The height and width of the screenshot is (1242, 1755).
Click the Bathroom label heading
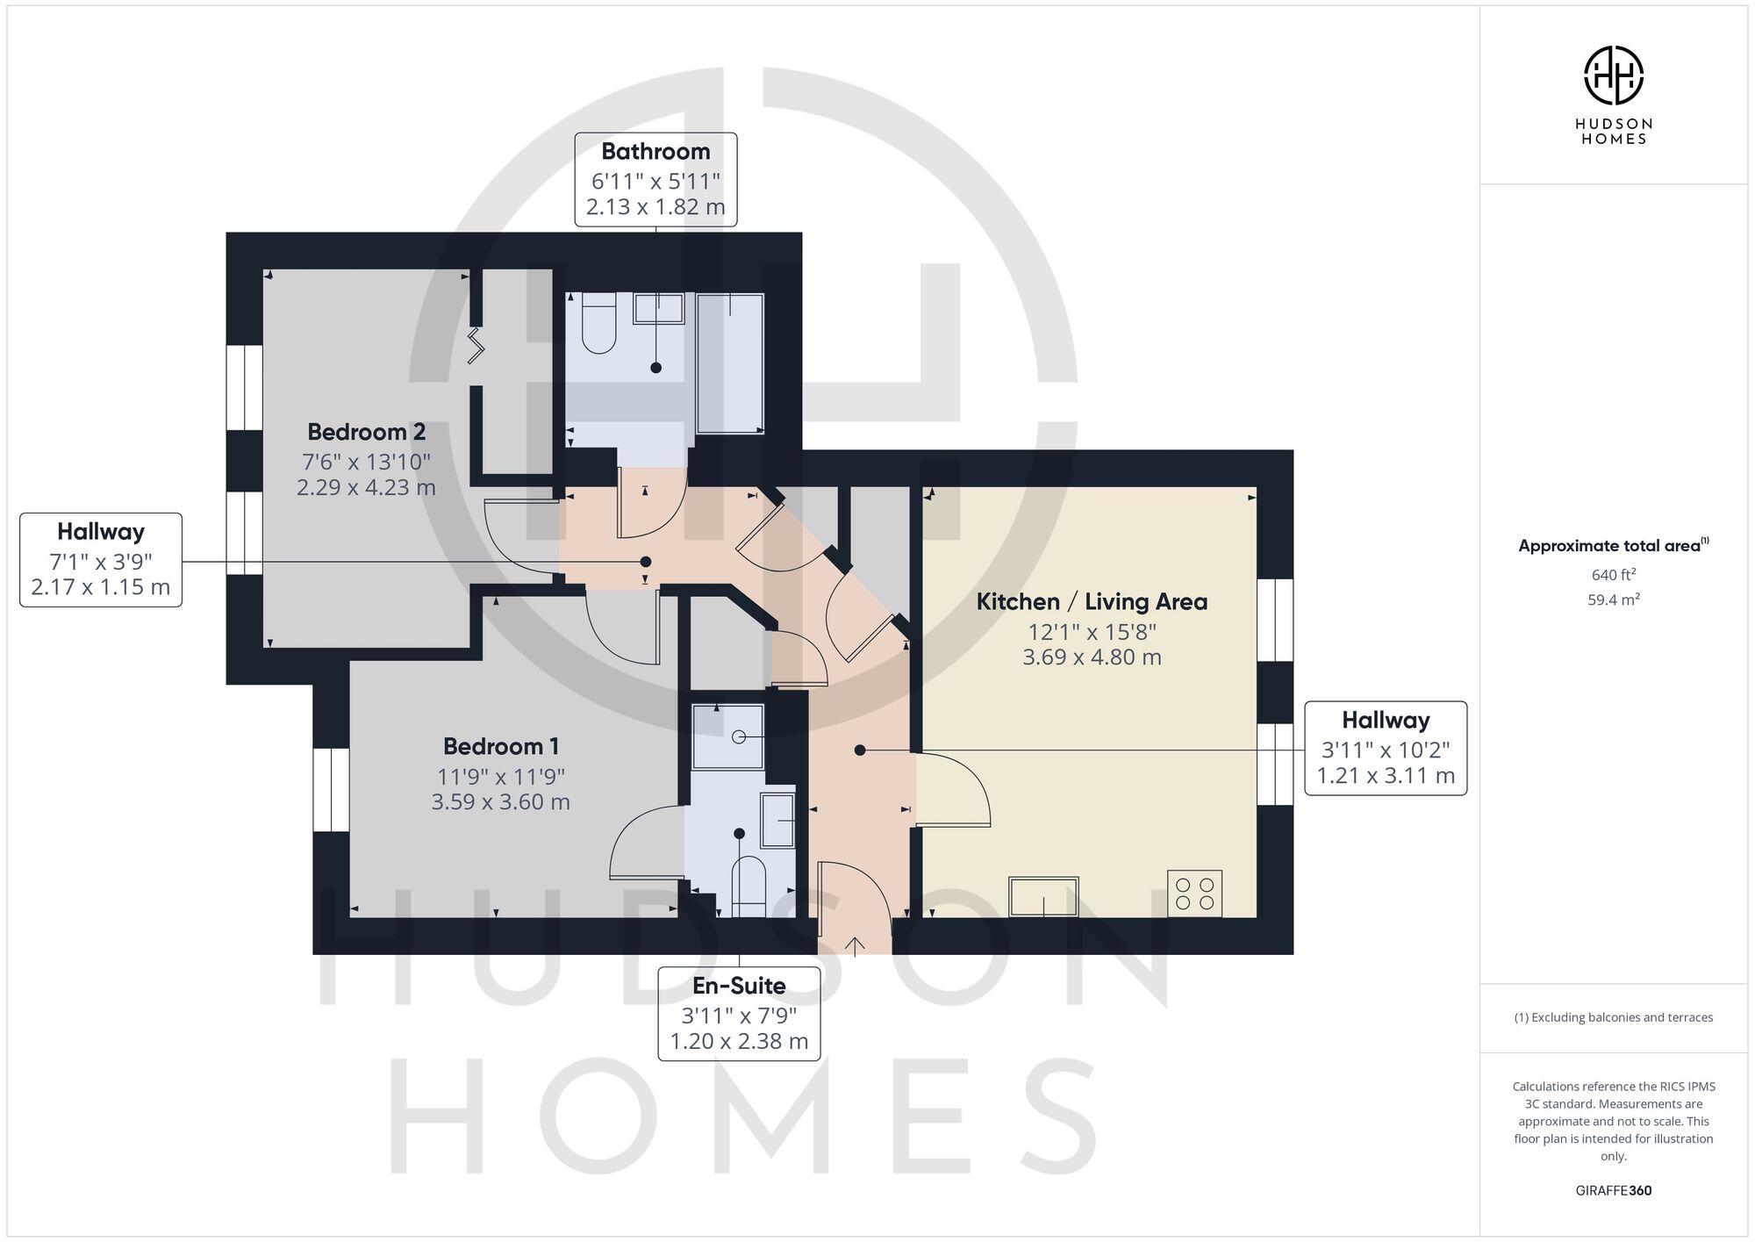[x=655, y=152]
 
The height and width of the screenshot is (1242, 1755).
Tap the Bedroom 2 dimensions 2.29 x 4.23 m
[x=366, y=487]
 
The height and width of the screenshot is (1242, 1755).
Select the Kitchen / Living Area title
[x=1092, y=602]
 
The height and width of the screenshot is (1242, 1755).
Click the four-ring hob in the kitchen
[x=1194, y=894]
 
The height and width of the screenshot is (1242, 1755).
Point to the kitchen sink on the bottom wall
[x=1043, y=895]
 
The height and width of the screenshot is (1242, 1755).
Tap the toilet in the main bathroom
[x=598, y=326]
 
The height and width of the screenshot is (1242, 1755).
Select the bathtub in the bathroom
[x=730, y=363]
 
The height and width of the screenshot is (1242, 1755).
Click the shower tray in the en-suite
[x=727, y=736]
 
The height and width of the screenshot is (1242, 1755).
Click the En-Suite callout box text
[x=739, y=1014]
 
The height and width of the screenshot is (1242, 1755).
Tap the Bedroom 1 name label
[x=500, y=747]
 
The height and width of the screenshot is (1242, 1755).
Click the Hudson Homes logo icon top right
[x=1613, y=75]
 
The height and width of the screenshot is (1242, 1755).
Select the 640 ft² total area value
[x=1613, y=576]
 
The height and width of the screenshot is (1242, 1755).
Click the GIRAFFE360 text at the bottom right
[x=1613, y=1191]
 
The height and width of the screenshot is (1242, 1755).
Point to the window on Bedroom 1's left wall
[x=332, y=789]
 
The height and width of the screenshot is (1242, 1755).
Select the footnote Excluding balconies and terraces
[x=1613, y=1018]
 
